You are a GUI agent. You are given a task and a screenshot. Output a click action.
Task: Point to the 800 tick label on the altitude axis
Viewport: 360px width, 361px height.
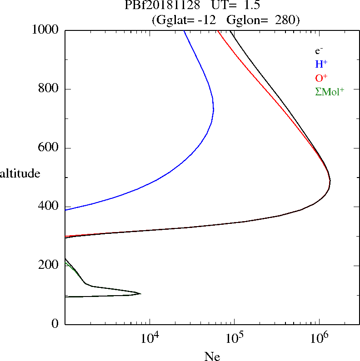click(49, 89)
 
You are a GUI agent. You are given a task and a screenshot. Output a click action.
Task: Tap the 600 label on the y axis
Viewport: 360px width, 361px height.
click(49, 148)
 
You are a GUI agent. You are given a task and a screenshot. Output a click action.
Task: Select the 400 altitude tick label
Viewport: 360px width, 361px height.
click(49, 207)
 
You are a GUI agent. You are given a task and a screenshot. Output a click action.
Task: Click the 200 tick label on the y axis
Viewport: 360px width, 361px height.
click(49, 265)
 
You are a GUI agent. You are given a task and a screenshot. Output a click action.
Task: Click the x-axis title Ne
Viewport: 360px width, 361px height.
click(212, 357)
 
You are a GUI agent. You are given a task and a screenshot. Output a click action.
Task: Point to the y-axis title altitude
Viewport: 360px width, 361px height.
click(20, 173)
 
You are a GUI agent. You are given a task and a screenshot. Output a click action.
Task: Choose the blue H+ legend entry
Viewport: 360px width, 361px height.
click(321, 64)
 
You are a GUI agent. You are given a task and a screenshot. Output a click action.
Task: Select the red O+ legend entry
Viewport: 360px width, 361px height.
click(321, 78)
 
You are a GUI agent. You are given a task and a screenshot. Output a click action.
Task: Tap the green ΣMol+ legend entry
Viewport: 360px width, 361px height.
click(330, 92)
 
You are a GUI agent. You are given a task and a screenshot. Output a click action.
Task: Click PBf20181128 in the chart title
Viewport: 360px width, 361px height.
click(162, 5)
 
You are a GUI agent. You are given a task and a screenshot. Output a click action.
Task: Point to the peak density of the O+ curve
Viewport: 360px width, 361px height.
click(330, 181)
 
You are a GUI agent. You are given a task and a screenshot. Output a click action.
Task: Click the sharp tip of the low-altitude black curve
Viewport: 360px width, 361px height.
click(140, 294)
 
